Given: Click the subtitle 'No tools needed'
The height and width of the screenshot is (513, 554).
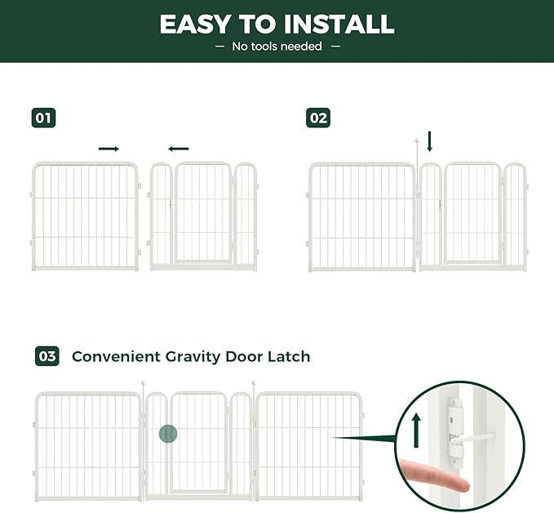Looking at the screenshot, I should (x=277, y=47).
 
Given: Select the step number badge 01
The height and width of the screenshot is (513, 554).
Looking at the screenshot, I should (x=43, y=118).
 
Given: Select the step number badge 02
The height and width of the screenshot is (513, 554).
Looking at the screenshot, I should (x=318, y=118).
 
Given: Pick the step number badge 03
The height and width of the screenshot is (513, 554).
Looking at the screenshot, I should (x=47, y=356).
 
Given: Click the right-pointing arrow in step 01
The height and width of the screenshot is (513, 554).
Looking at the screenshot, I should (x=109, y=149).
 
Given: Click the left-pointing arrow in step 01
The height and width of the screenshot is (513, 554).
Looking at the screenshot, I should (x=178, y=149).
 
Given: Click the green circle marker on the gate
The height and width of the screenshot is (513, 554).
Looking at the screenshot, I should (x=168, y=434).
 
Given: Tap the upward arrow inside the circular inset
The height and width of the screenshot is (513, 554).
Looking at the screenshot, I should (x=416, y=427).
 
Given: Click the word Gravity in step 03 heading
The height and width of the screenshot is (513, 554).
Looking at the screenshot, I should (x=206, y=357).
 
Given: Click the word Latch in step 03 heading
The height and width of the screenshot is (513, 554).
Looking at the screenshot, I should (x=290, y=357).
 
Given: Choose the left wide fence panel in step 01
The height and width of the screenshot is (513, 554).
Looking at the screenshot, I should (x=85, y=216).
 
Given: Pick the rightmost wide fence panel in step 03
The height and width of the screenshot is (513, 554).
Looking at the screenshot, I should (x=308, y=445).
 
